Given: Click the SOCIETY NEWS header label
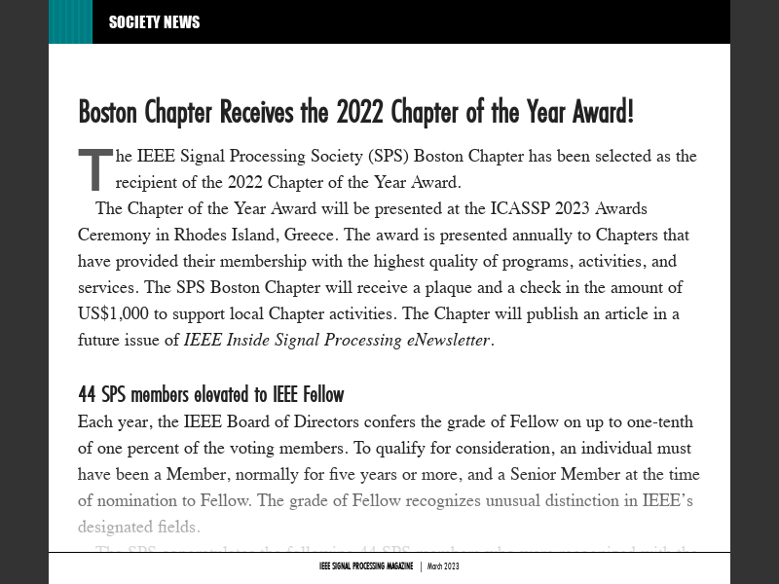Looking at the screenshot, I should [x=154, y=22].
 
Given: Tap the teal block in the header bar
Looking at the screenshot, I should [x=70, y=22].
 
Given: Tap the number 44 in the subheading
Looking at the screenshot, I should [x=88, y=394].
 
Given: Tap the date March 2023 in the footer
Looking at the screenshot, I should [x=443, y=566].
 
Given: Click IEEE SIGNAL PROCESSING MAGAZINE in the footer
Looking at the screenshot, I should [x=366, y=566].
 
